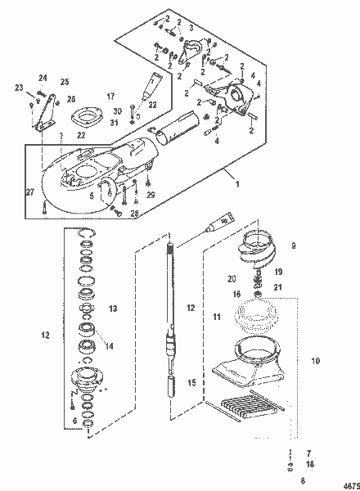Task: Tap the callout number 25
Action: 65,82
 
